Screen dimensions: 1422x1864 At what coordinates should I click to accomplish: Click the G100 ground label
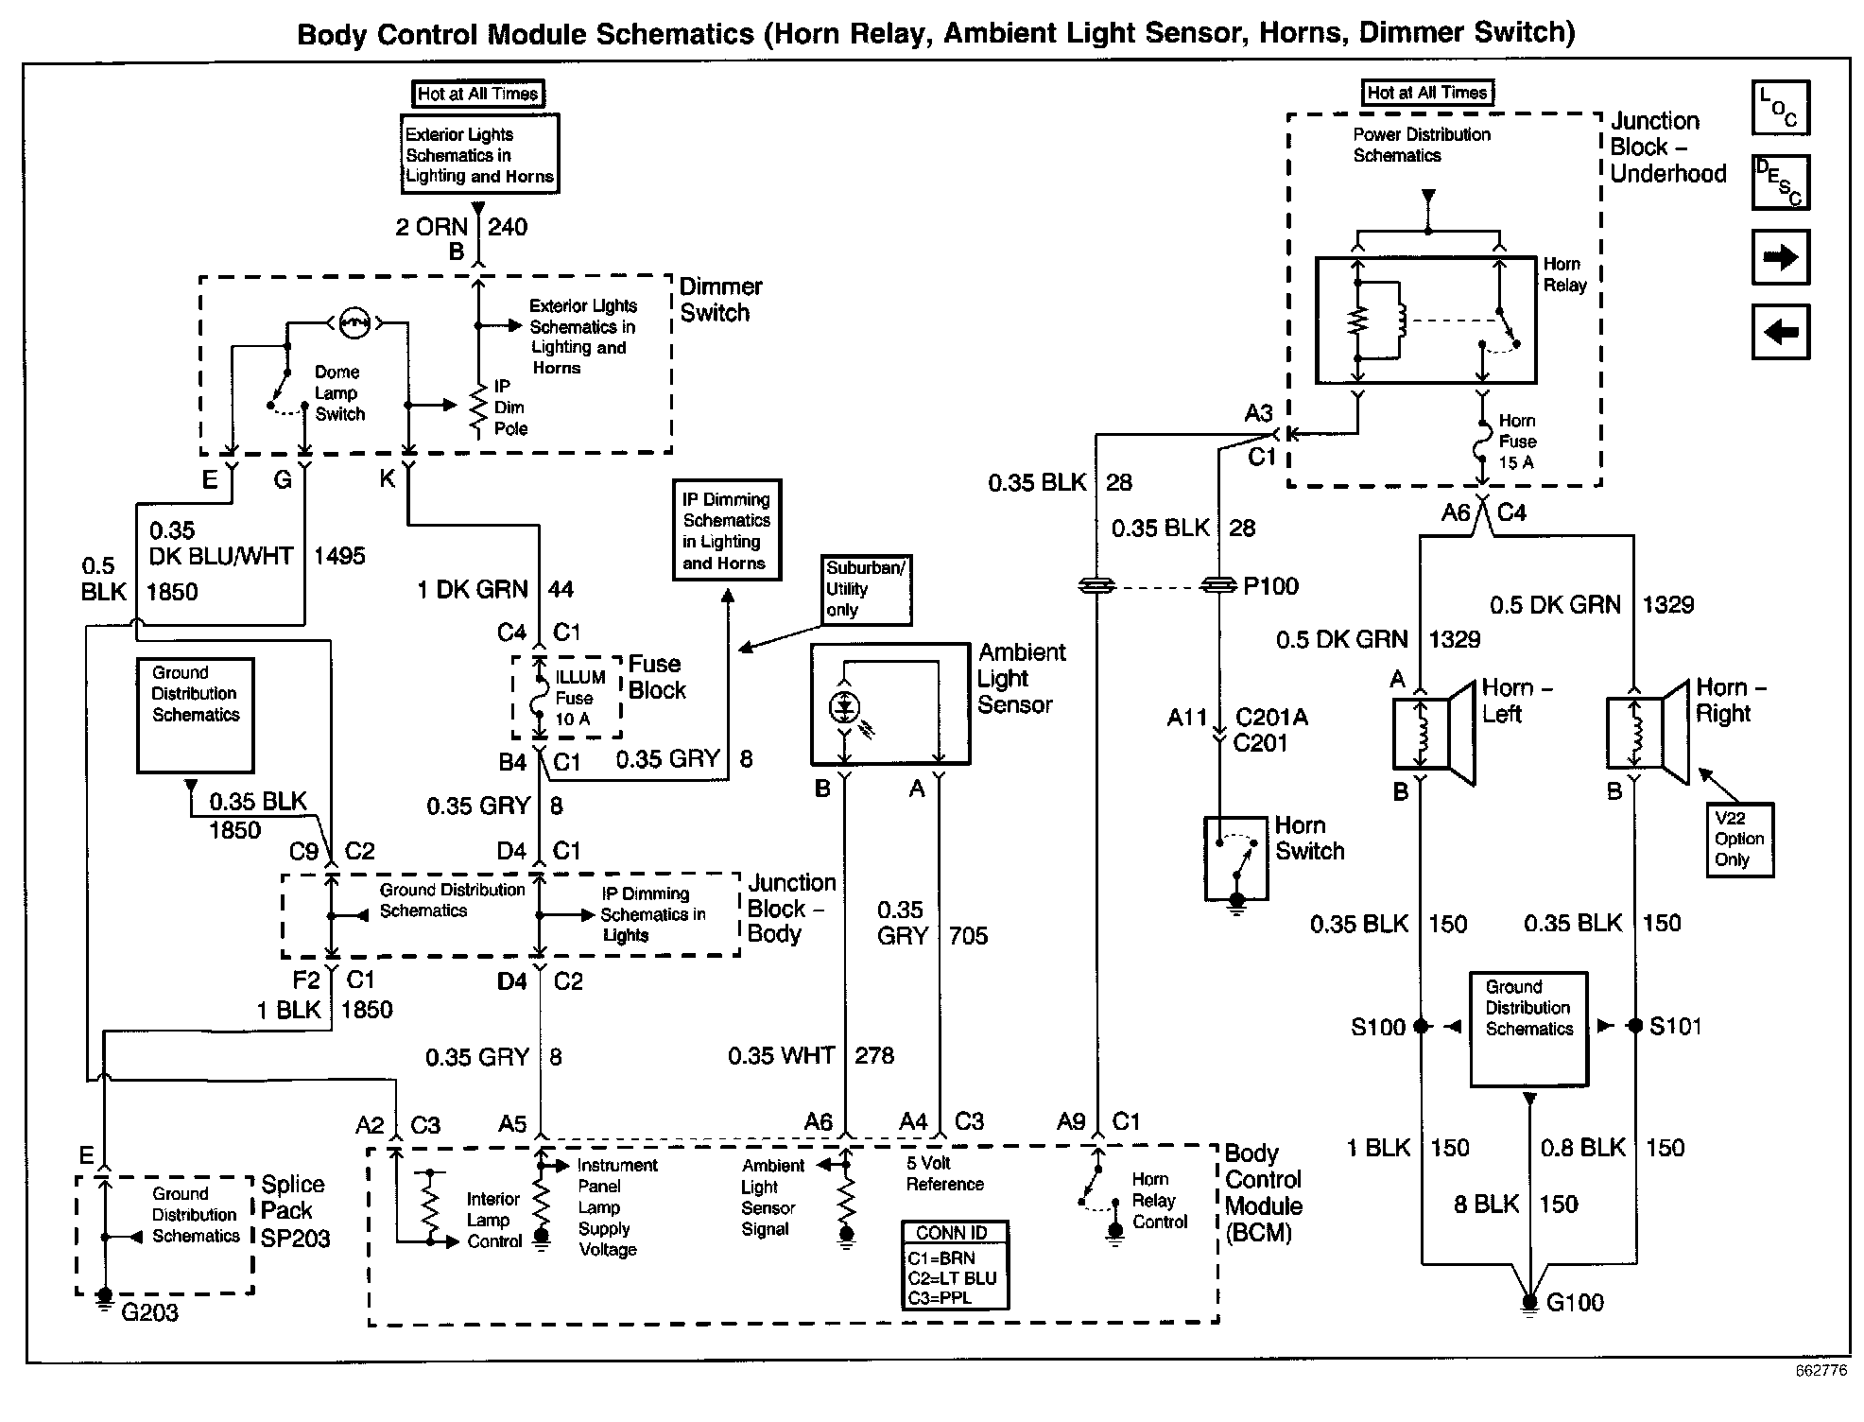[1575, 1303]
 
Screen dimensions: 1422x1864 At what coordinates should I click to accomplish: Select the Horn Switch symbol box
[1235, 858]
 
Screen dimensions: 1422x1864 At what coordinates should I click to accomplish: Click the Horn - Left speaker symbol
[1434, 733]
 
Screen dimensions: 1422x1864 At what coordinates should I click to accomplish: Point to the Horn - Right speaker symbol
[1648, 733]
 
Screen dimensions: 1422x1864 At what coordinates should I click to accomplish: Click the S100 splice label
[1378, 1027]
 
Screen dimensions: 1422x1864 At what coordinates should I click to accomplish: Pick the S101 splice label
[1675, 1026]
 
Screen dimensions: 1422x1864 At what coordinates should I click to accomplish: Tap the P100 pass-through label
[1270, 586]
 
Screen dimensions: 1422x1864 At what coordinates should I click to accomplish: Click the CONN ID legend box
[955, 1265]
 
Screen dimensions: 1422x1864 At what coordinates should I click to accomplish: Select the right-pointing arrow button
[1780, 257]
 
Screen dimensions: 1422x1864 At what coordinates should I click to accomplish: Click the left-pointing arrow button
[1780, 332]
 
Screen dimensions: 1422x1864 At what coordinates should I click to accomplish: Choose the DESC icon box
[1780, 182]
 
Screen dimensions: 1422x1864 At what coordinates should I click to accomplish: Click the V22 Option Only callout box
[1739, 840]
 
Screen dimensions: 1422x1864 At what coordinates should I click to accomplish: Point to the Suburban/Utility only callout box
[866, 589]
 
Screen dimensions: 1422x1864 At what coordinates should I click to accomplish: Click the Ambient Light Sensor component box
[889, 704]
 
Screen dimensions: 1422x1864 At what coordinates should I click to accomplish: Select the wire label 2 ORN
[431, 227]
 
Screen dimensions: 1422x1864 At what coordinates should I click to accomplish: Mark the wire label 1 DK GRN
[472, 590]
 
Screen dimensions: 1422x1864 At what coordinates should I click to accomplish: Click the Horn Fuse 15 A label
[1517, 442]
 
